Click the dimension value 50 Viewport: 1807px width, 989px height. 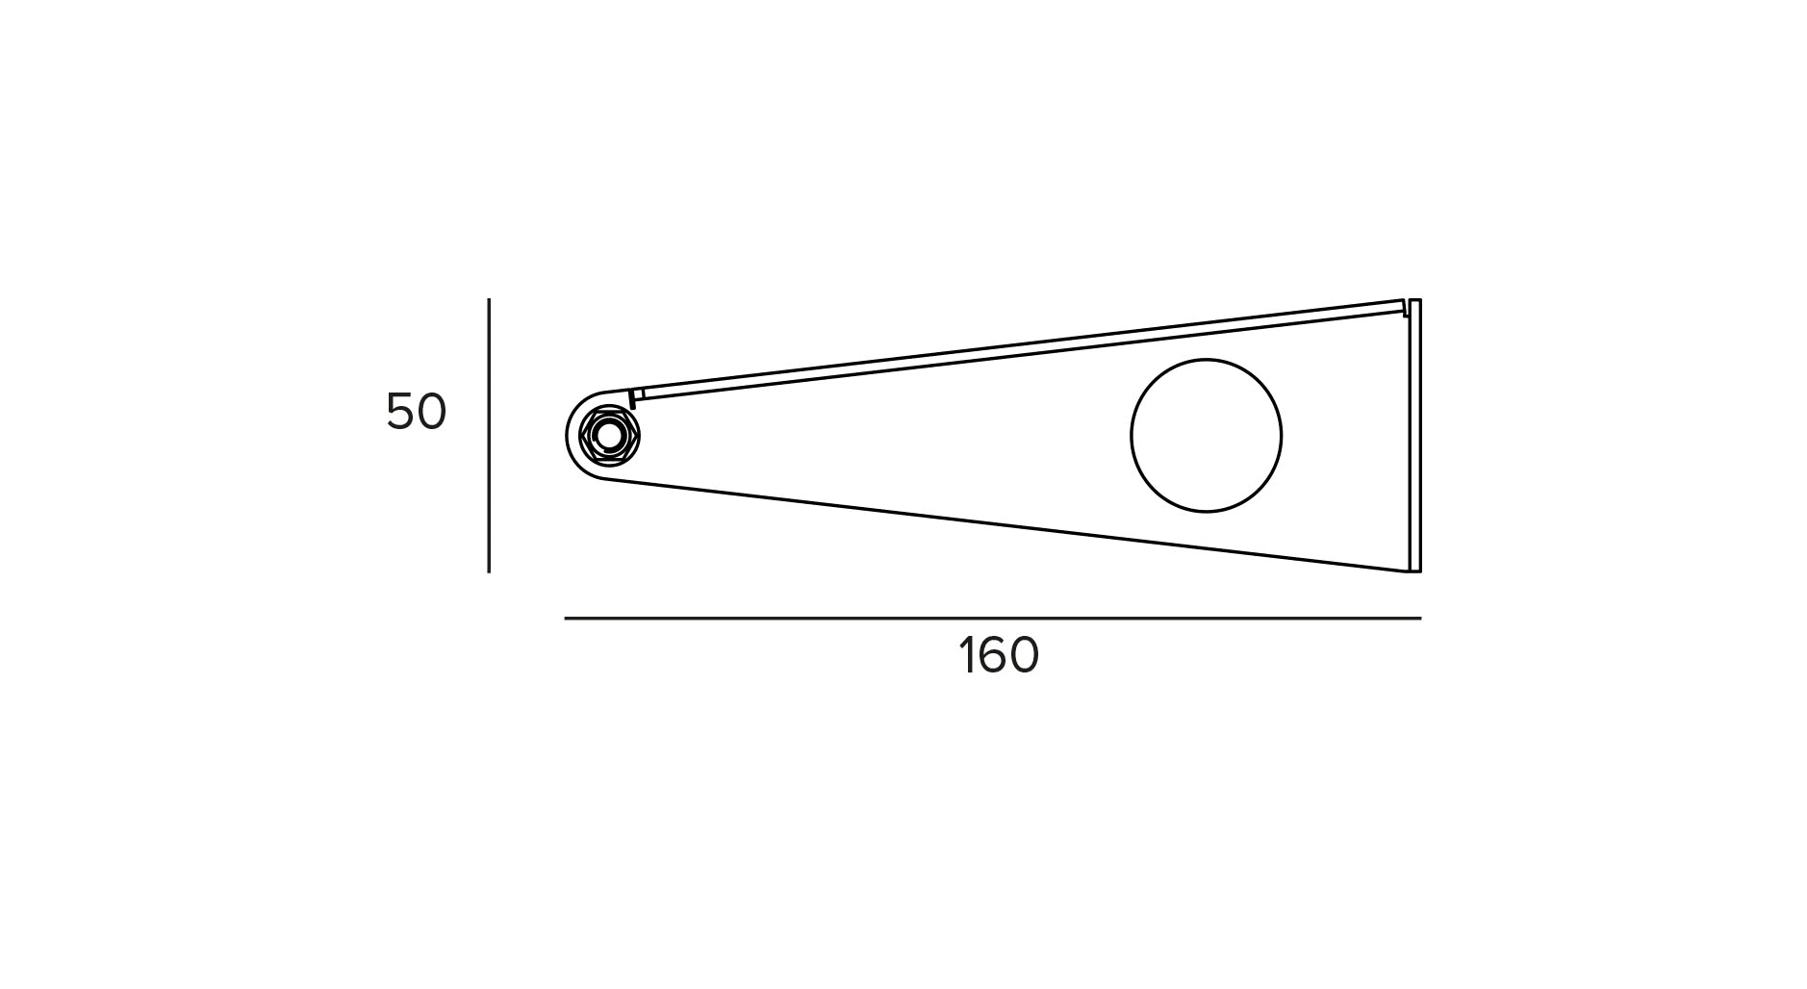[416, 412]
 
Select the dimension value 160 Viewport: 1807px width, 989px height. [999, 656]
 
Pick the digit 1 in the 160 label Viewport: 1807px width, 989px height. [966, 656]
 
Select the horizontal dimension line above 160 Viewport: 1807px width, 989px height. [992, 618]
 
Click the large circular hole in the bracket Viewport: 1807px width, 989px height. [1206, 436]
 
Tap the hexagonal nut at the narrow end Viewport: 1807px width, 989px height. [609, 436]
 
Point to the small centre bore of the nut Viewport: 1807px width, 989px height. [609, 436]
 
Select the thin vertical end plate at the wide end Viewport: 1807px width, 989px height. [1414, 435]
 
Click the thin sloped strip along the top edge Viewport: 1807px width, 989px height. [1020, 348]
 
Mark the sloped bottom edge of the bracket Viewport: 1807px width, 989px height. [1010, 525]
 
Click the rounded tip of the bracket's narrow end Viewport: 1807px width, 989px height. [569, 436]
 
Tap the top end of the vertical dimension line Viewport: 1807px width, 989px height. [489, 300]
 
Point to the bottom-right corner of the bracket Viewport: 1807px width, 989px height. [1418, 571]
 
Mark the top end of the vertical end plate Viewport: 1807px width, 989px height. [1414, 302]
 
